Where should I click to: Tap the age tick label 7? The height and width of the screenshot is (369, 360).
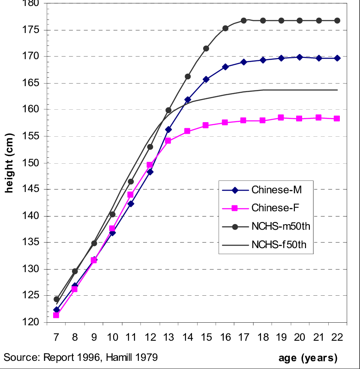[x=56, y=337]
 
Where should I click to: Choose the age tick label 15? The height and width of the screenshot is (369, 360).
[x=206, y=337]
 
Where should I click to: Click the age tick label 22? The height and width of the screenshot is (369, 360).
[x=337, y=337]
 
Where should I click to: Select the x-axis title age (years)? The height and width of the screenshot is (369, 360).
[x=308, y=357]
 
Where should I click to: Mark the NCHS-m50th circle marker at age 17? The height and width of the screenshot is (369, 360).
[x=244, y=21]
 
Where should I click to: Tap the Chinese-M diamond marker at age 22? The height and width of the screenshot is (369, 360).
[x=337, y=58]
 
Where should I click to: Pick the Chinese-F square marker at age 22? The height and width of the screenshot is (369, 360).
[x=337, y=118]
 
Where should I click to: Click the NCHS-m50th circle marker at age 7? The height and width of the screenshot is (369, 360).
[x=56, y=299]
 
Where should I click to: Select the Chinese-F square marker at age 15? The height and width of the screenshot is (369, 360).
[x=206, y=125]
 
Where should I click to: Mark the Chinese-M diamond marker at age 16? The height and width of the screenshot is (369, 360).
[x=225, y=67]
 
